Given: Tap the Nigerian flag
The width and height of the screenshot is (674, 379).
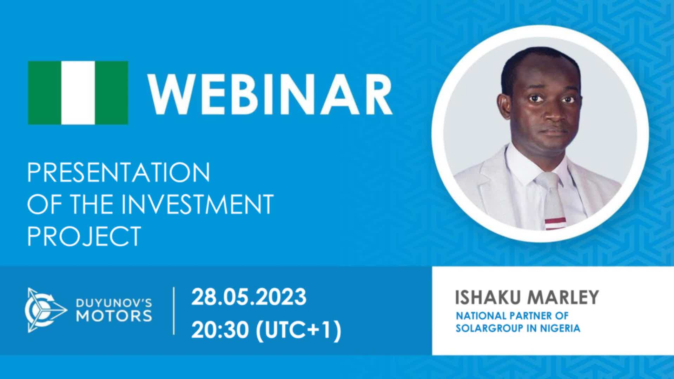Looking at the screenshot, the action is point(78,93).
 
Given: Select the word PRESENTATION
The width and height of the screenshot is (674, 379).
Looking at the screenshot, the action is point(119,172).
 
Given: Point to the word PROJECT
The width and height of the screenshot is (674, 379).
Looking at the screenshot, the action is point(84,236).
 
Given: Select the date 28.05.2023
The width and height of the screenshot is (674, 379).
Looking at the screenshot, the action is point(249,297).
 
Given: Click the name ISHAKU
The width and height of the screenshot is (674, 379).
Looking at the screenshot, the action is point(489,297).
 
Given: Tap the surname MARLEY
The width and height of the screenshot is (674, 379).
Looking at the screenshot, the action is point(563,297).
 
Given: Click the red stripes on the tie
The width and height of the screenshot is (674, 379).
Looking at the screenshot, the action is point(555,223).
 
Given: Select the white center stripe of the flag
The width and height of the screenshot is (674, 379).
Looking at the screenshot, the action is point(78,93).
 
